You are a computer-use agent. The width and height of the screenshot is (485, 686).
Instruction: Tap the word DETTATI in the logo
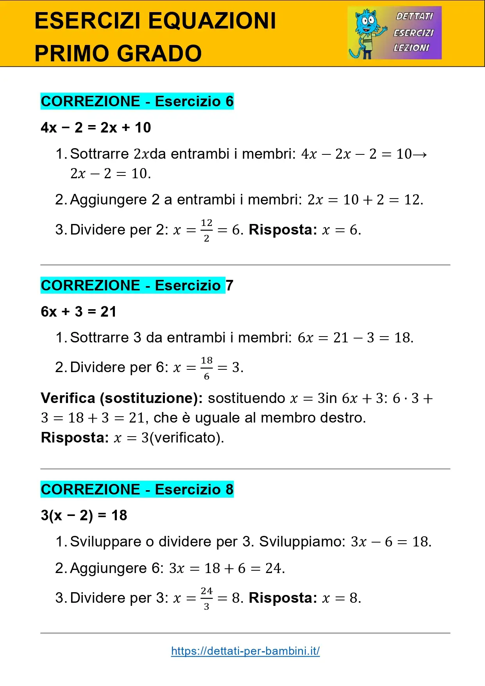414,16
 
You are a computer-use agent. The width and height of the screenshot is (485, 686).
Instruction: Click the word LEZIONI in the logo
411,48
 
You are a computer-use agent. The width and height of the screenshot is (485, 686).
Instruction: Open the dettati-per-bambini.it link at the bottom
245,651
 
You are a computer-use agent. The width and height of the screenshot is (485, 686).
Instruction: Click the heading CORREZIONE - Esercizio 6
137,102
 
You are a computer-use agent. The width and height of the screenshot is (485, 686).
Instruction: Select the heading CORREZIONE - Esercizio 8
137,489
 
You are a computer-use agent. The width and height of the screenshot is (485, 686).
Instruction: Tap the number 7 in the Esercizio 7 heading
229,285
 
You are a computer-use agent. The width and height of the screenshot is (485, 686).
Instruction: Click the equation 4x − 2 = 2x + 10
96,127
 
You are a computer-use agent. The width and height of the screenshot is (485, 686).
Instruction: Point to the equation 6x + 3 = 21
79,312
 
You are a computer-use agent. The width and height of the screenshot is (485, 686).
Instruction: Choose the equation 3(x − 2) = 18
84,516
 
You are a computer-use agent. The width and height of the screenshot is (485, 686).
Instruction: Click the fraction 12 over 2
206,230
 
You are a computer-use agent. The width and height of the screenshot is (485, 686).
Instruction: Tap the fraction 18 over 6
206,368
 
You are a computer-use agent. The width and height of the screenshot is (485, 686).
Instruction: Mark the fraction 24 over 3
206,598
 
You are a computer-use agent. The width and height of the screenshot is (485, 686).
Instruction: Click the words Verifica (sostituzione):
122,398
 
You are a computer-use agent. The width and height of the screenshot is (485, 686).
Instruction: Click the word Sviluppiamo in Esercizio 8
302,542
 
